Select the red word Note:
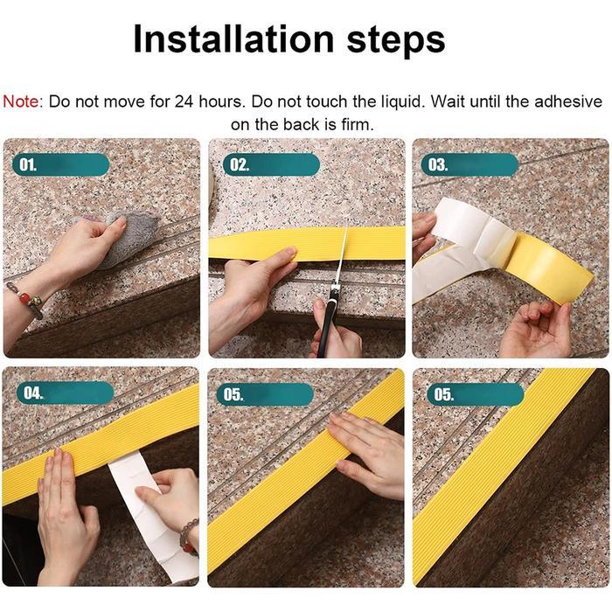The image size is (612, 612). pos(23,101)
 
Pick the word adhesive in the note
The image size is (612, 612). pos(571,101)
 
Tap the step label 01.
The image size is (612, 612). pos(29,164)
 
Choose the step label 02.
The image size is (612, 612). pos(237,164)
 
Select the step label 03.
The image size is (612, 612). pos(437,164)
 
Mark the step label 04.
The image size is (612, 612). pos(32,393)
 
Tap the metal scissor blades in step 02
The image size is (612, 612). pos(340,258)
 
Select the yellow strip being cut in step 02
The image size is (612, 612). pos(262,242)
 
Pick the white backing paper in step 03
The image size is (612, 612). pos(463,232)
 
